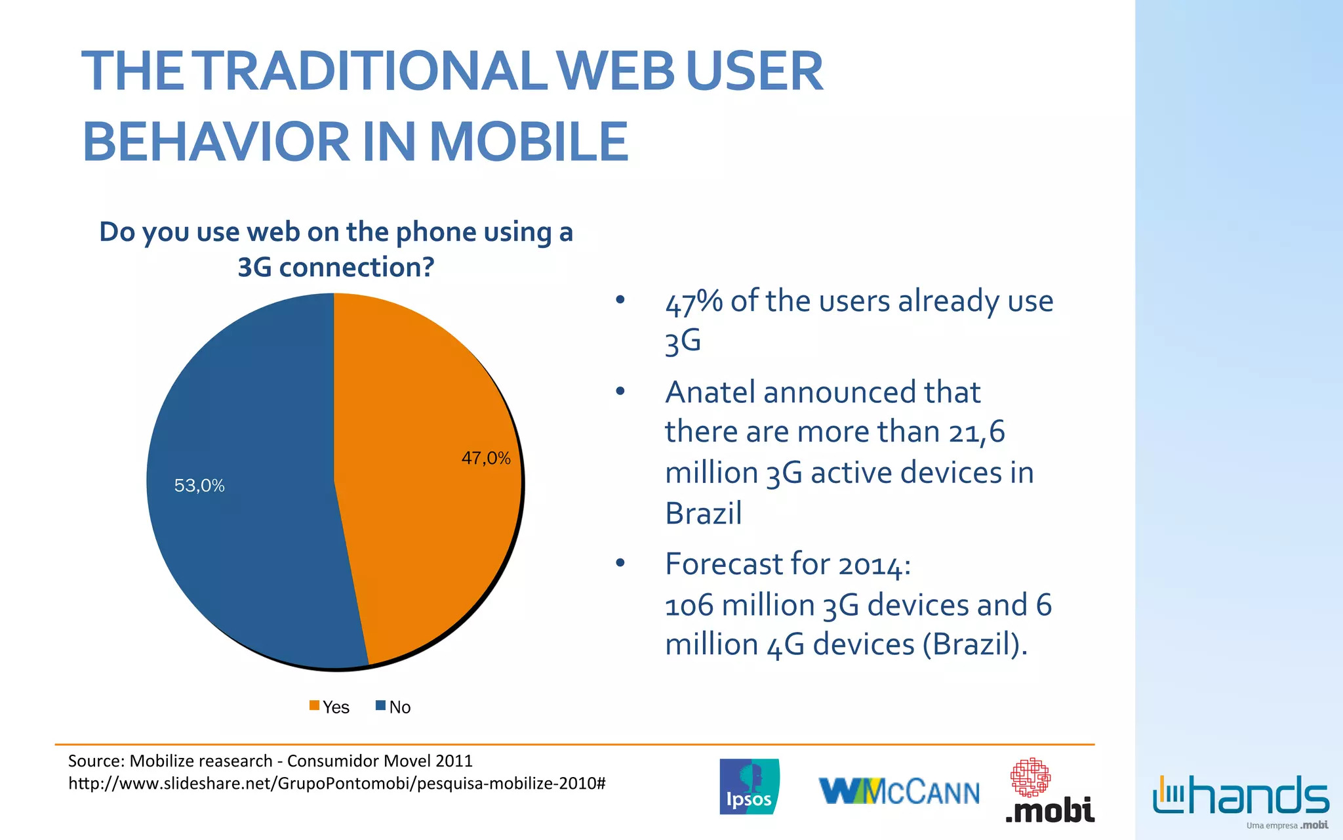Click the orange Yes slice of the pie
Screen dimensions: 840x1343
426,525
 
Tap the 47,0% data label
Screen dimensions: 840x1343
486,458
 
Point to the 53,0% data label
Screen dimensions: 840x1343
199,486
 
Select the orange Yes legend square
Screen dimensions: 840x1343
315,706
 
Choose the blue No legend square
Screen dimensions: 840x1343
380,706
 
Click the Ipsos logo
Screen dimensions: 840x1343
750,786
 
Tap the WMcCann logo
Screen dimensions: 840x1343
899,791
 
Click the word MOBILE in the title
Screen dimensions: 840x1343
529,142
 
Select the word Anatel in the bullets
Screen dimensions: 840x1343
710,392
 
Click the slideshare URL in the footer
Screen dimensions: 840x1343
337,784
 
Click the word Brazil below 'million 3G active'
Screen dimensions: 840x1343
703,513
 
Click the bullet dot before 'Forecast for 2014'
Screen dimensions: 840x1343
620,564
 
